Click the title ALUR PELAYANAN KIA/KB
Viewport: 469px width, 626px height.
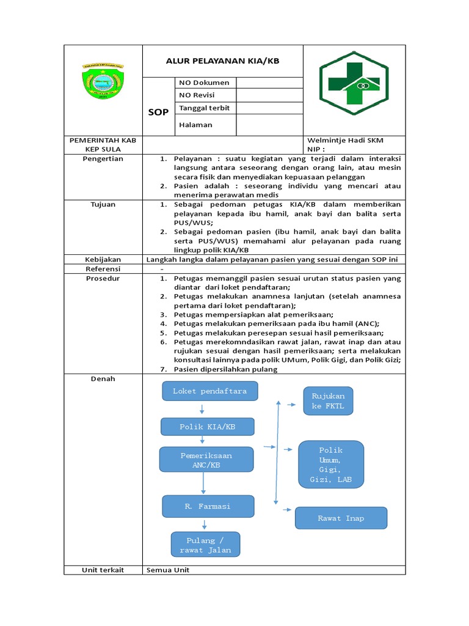coord(222,61)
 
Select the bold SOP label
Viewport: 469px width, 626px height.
coord(158,112)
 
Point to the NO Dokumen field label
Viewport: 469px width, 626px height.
coord(204,83)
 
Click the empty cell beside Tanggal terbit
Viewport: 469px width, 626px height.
coord(269,108)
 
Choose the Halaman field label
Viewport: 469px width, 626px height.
coord(195,125)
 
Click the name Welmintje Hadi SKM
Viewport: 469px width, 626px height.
coord(346,140)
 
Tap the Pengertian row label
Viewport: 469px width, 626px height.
coord(103,158)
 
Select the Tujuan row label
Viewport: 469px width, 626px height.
coord(103,204)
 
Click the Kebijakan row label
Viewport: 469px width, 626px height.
coord(103,259)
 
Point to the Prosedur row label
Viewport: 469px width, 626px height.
coord(103,278)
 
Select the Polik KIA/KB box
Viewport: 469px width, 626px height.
coord(207,427)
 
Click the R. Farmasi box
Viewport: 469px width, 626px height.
coord(208,506)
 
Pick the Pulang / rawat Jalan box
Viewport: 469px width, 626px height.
coord(205,545)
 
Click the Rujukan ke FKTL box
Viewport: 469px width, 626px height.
coord(328,400)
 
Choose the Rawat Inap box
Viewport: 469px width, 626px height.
coord(341,518)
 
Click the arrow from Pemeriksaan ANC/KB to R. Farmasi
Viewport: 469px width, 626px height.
coord(203,484)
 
